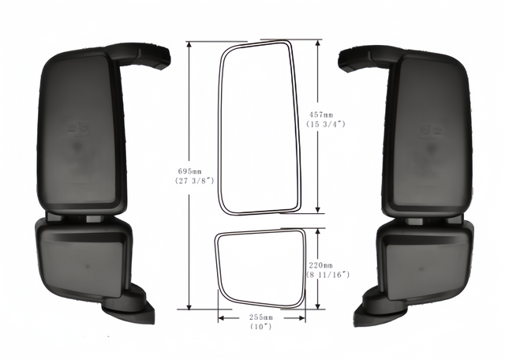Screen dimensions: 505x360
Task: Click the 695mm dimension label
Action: click(189, 171)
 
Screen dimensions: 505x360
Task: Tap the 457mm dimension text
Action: click(321, 114)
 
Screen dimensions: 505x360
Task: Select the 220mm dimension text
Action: click(321, 265)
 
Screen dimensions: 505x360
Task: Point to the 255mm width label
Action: click(261, 317)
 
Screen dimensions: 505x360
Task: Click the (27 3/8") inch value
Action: click(195, 181)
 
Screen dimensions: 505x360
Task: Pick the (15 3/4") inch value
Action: click(326, 124)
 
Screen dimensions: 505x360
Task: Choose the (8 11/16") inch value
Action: click(327, 275)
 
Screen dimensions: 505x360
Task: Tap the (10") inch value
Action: click(261, 327)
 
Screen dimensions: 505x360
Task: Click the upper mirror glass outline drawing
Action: click(219, 129)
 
